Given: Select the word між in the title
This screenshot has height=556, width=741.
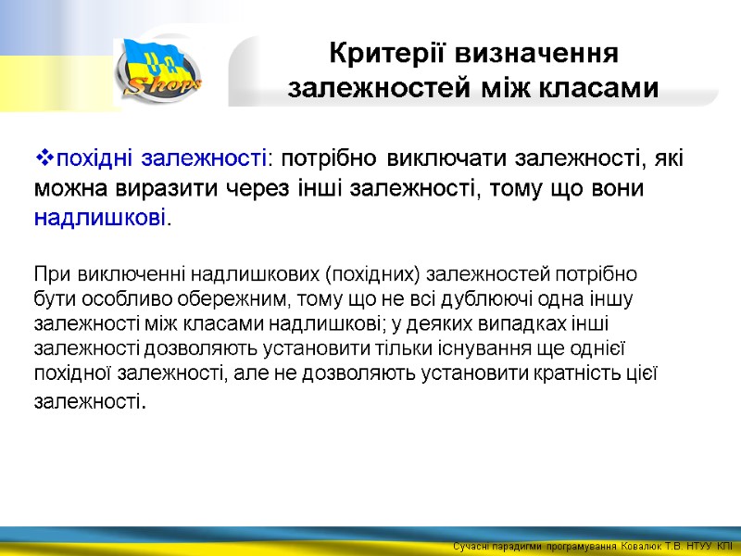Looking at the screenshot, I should click(x=509, y=89).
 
